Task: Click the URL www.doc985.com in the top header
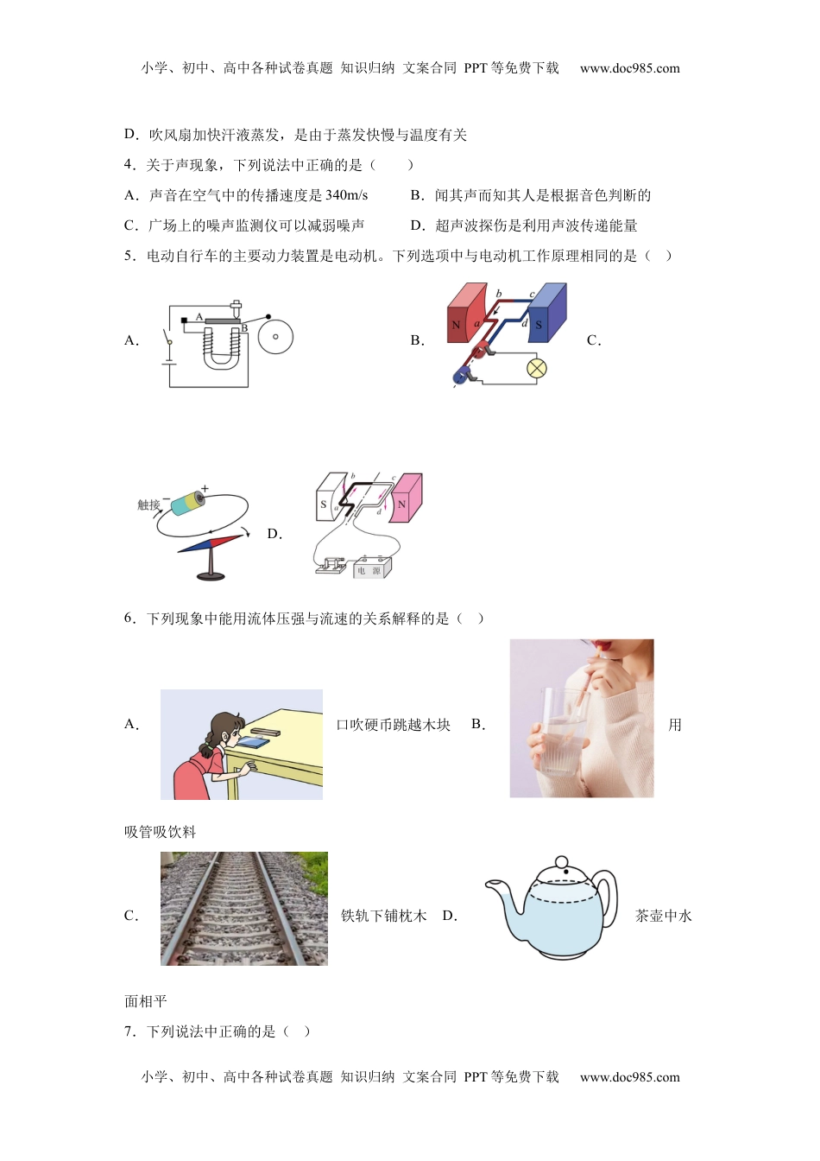(x=629, y=68)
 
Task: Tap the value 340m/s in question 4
(x=346, y=195)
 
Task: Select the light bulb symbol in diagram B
(x=537, y=369)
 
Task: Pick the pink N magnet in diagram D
(x=405, y=498)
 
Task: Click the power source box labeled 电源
(x=372, y=568)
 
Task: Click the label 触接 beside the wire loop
(x=148, y=505)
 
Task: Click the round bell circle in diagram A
(x=275, y=337)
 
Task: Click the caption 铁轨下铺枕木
(x=383, y=916)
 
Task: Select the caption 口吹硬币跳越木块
(x=393, y=725)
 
